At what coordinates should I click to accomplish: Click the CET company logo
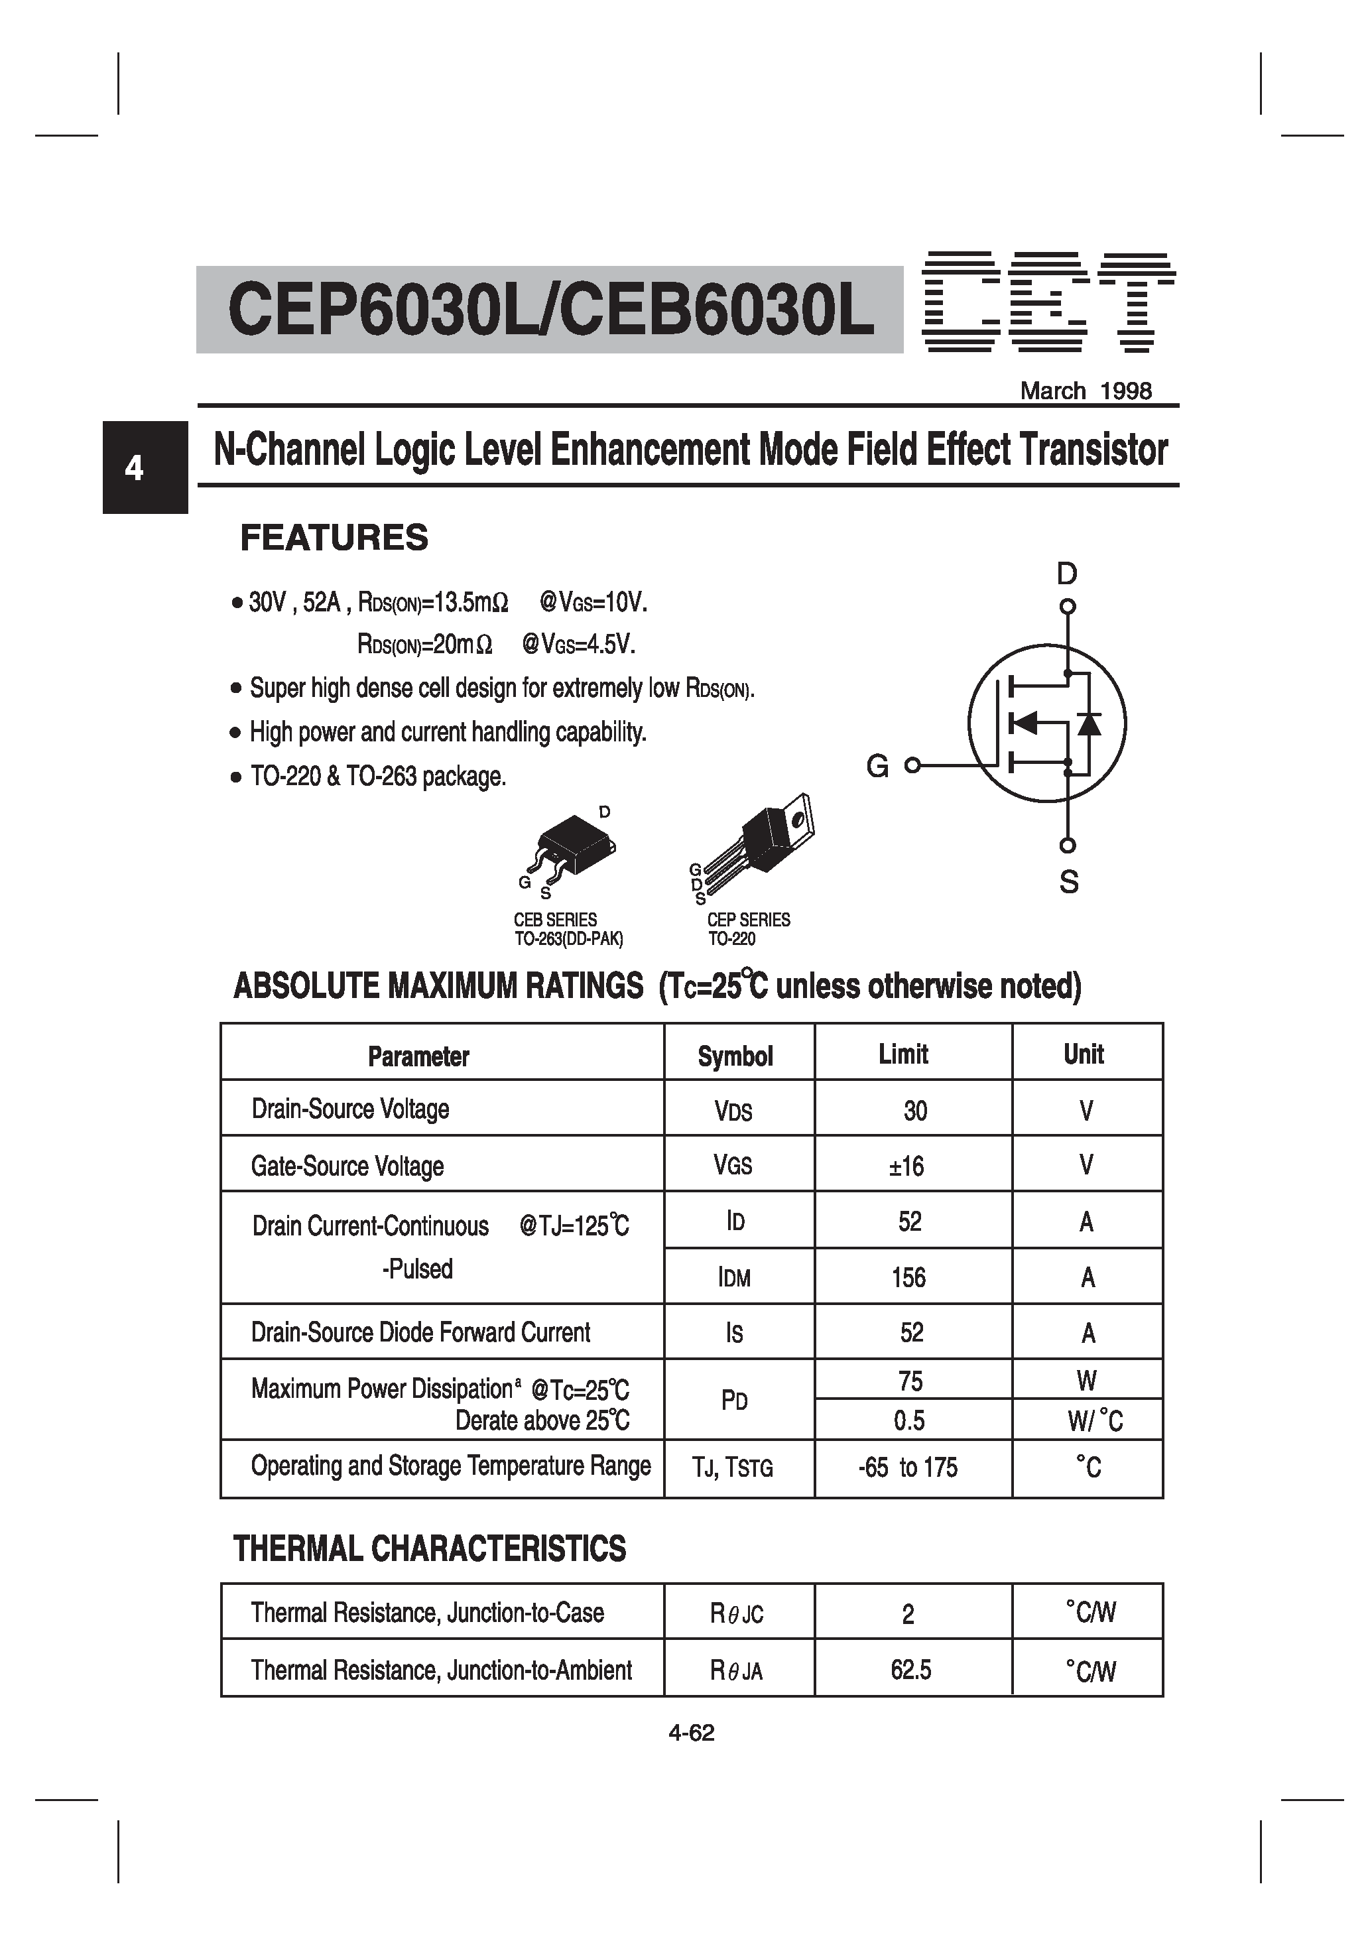(1047, 302)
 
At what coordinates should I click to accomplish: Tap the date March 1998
(1086, 391)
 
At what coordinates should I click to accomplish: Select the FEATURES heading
(334, 538)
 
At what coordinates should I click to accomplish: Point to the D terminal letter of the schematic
(1067, 574)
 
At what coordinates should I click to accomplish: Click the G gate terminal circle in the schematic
(911, 766)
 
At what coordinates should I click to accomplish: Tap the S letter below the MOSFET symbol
(1068, 882)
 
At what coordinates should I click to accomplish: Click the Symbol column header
(735, 1056)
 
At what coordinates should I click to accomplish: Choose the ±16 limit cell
(906, 1166)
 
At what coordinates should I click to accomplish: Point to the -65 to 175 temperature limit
(908, 1468)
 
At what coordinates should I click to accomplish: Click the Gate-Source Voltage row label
(347, 1166)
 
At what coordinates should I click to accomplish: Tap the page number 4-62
(691, 1733)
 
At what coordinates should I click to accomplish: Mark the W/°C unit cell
(1095, 1421)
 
